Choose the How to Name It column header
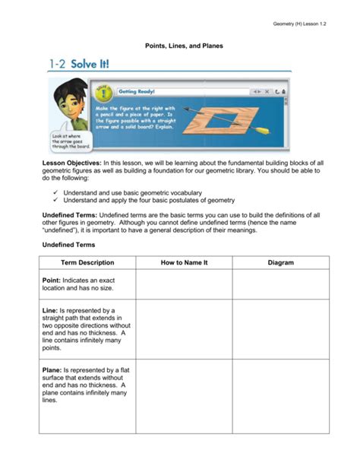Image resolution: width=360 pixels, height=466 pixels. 184,262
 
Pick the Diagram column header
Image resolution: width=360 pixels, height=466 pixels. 281,262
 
